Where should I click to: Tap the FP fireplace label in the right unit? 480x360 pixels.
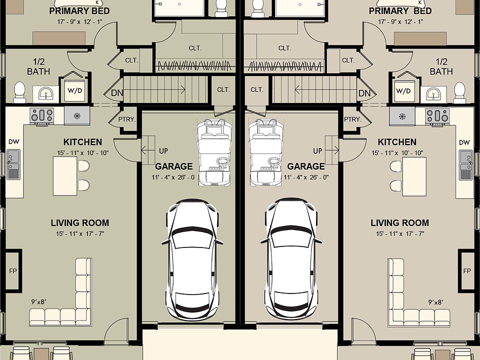tap(466, 271)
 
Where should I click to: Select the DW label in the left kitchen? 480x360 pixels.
tap(13, 142)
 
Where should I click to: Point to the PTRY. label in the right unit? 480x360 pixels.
tap(352, 119)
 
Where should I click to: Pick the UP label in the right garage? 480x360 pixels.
tap(317, 150)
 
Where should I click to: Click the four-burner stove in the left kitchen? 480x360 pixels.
tap(42, 116)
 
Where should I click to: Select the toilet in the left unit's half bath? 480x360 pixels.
tap(19, 92)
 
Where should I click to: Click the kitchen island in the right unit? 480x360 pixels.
tap(414, 176)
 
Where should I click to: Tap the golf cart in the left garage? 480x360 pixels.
tap(215, 152)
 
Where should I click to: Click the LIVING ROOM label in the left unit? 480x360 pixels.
tap(79, 223)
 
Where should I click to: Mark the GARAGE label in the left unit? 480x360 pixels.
tap(173, 166)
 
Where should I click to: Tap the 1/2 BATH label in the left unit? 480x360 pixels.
tap(38, 66)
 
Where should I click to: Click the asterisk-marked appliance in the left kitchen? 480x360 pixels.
tap(76, 116)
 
